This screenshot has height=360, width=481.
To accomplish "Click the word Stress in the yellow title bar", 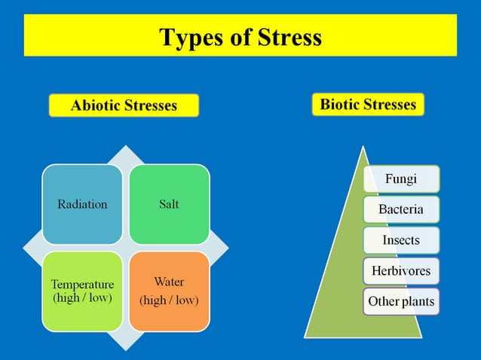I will coord(290,37).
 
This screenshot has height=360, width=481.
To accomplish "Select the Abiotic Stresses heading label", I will coord(124,105).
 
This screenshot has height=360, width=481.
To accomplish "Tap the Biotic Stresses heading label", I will coord(368,104).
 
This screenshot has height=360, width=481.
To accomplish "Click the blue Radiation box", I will coord(82,204).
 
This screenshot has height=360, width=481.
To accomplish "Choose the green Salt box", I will coord(169,204).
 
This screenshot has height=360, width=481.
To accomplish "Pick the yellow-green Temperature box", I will coord(82,291).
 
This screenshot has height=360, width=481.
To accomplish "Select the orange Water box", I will coord(169,291).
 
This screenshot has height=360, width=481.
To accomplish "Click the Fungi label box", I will coord(401,179).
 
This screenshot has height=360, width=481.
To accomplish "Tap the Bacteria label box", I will coord(401,209).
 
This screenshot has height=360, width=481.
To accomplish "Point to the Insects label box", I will coord(401,240).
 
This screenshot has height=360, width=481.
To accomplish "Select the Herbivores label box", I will coord(401,270).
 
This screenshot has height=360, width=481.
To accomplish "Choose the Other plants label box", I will coord(401,302).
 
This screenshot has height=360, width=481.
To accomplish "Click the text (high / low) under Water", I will coord(169,301).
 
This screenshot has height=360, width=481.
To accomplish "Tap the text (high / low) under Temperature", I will coord(82,298).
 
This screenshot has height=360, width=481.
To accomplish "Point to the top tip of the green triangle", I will coord(364,148).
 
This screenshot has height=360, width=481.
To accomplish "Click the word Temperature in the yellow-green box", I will coord(82,285).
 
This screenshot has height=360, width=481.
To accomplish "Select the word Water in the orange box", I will coord(169,282).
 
